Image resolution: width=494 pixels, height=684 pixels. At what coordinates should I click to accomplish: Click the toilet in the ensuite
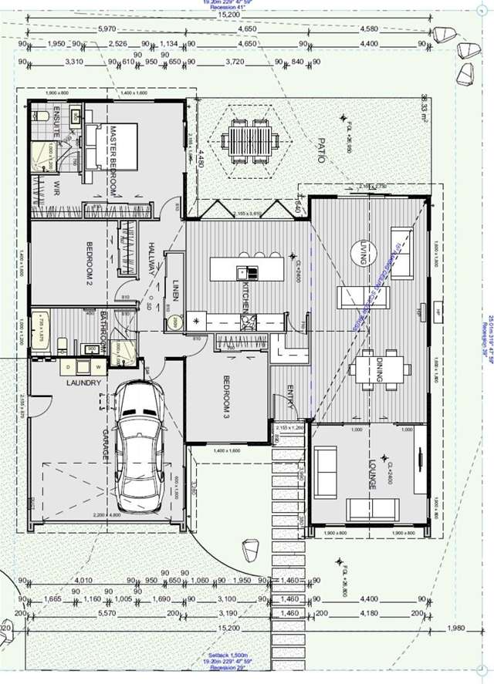43,116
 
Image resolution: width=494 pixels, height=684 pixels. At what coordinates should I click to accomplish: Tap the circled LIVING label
362,252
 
